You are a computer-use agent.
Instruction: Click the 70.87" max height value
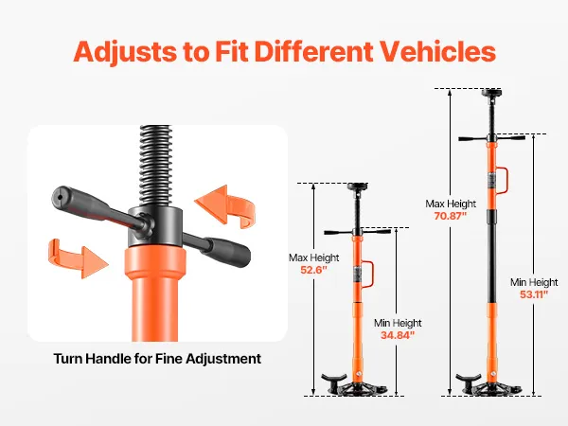451,216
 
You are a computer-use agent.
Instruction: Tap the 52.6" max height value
313,270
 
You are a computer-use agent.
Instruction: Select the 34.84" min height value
398,335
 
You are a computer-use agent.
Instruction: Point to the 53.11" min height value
534,294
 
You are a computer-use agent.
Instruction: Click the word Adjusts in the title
125,52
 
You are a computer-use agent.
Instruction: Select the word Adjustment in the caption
223,359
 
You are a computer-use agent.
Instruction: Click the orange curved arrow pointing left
225,206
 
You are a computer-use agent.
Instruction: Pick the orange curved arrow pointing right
78,257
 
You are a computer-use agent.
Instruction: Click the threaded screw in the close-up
154,166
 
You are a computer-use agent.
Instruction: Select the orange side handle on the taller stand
504,180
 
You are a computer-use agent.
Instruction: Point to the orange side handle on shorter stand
369,275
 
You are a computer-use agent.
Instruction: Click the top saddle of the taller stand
491,93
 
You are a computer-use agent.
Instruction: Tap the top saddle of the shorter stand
358,186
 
